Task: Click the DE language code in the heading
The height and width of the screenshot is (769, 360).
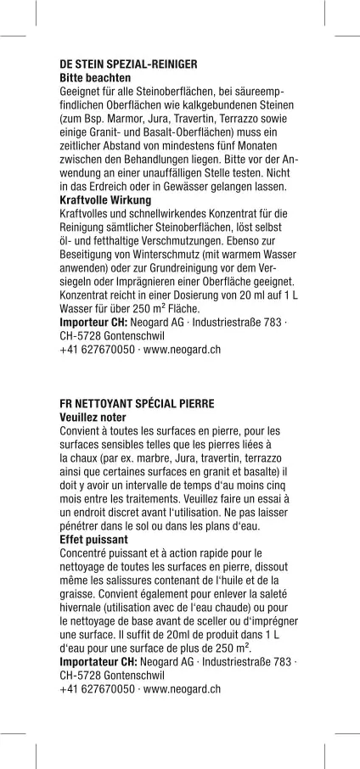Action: pyautogui.click(x=66, y=64)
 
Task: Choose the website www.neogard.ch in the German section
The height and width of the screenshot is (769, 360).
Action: pyautogui.click(x=183, y=349)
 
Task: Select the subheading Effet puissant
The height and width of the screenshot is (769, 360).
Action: pyautogui.click(x=93, y=539)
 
